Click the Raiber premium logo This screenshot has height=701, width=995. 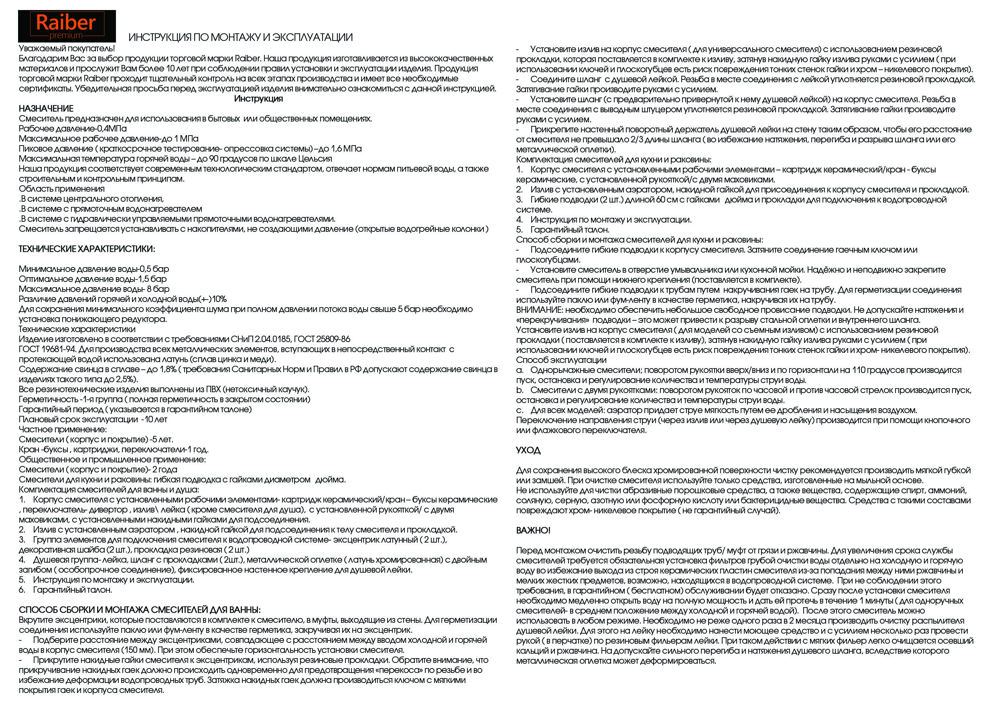(x=67, y=26)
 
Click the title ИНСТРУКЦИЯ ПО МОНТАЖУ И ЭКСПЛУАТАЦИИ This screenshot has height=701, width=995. (x=240, y=38)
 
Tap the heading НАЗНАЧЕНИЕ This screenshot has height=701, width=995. (x=46, y=109)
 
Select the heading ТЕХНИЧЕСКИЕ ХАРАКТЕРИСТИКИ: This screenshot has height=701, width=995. (x=87, y=249)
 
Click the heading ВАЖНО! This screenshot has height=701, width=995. (x=533, y=531)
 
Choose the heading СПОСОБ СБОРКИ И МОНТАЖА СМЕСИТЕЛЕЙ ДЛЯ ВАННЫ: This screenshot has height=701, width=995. (x=140, y=610)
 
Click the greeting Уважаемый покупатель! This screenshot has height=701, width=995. (x=67, y=49)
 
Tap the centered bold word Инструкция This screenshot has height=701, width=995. (x=258, y=99)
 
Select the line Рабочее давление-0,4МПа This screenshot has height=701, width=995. (x=73, y=129)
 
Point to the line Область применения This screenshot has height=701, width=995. (x=61, y=189)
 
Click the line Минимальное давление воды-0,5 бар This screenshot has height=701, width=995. (x=93, y=269)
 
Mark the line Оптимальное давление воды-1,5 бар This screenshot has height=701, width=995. (x=92, y=279)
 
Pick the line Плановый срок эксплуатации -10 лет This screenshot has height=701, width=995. (x=93, y=419)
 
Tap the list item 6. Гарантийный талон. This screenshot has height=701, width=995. (x=65, y=590)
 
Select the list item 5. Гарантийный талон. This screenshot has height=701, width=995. (x=562, y=230)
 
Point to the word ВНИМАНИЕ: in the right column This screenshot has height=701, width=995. (x=539, y=310)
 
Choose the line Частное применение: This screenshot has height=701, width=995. (x=63, y=430)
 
